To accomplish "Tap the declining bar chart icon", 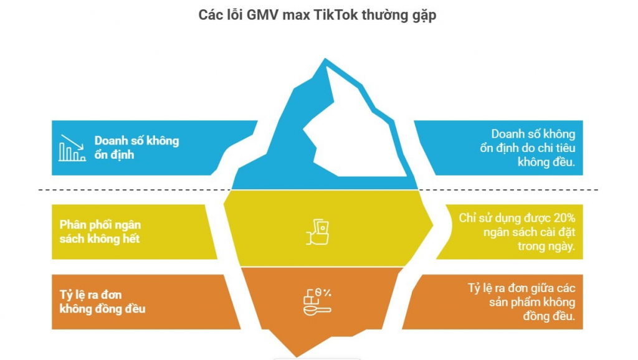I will point(72,148).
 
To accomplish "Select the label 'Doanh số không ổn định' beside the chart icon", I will point(136,148).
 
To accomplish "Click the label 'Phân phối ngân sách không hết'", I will point(100,231).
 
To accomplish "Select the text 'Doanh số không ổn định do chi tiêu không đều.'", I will point(532,148).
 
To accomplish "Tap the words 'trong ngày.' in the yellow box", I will point(546,246).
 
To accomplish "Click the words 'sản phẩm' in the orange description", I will point(513,302).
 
